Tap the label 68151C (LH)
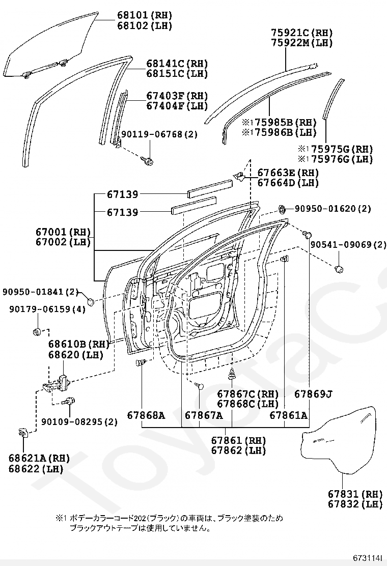point(177,74)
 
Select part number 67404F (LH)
point(177,106)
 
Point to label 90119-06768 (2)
point(159,134)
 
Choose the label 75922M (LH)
point(302,43)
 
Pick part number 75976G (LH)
point(336,159)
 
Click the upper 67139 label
point(122,194)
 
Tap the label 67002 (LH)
point(63,242)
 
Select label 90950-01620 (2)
point(333,209)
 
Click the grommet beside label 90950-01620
point(281,209)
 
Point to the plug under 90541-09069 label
point(339,269)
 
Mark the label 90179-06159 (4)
point(48,309)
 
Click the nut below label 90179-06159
point(37,331)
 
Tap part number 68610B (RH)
point(79,345)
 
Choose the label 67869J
point(313,394)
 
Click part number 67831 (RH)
point(355,494)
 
